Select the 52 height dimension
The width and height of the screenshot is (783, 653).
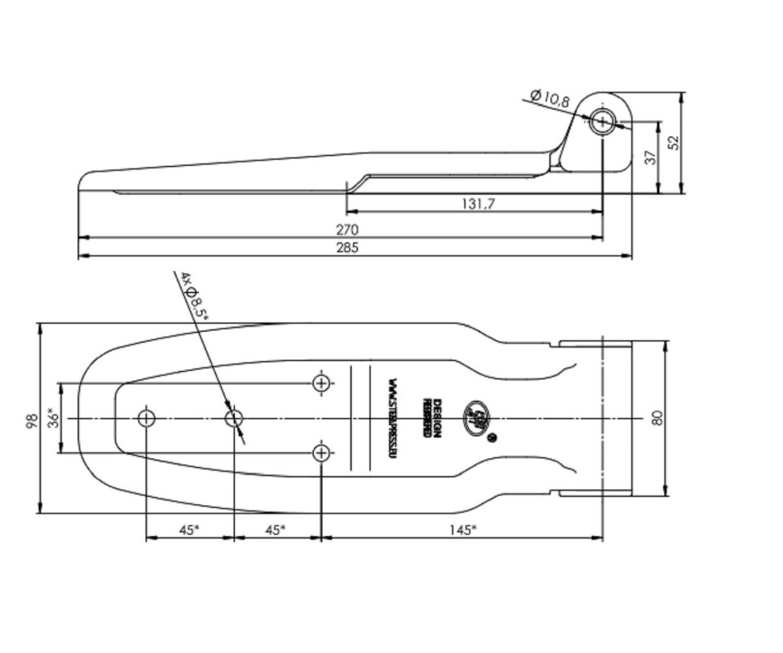click(675, 142)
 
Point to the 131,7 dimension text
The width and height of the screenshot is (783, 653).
click(478, 203)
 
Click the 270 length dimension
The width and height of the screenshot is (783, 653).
click(348, 230)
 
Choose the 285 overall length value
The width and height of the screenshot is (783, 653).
click(348, 247)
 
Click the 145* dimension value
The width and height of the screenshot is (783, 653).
click(462, 530)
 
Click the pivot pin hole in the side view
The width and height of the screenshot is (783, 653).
click(602, 121)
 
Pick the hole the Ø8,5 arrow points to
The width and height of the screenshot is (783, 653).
click(234, 418)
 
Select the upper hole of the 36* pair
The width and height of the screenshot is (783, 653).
click(321, 383)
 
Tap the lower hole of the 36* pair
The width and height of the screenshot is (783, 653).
click(321, 452)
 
